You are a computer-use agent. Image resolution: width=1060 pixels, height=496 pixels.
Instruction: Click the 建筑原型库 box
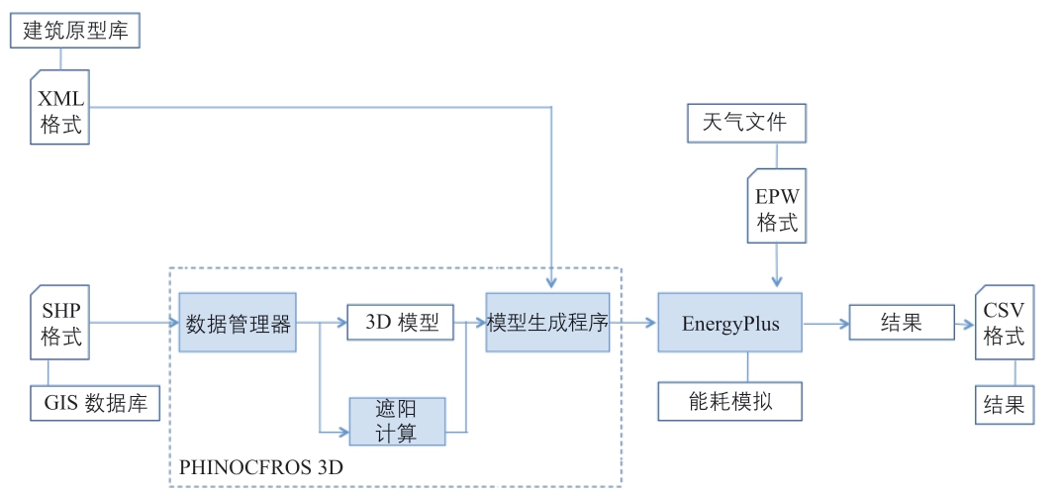76,31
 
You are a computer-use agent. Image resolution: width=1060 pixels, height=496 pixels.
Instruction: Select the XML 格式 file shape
60,110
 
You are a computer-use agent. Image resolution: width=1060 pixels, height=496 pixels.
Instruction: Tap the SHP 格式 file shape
60,323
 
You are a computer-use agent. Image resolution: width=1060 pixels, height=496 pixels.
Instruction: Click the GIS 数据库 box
95,404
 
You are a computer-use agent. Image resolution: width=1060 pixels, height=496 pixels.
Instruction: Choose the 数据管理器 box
238,323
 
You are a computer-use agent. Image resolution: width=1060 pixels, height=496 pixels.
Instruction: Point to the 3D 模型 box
400,323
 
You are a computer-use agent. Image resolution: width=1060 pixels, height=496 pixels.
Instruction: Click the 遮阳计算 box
397,421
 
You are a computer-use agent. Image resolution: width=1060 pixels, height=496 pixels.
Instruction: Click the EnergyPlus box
730,323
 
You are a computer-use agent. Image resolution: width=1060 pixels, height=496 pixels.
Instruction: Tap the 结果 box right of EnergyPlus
900,323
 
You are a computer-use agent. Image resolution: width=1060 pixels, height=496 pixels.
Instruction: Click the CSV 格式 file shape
1004,323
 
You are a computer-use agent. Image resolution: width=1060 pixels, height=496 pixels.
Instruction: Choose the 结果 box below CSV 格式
1004,406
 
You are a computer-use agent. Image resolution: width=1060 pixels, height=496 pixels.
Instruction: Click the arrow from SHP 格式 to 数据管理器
135,323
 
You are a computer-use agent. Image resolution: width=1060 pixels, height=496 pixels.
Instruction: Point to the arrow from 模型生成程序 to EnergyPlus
633,323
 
